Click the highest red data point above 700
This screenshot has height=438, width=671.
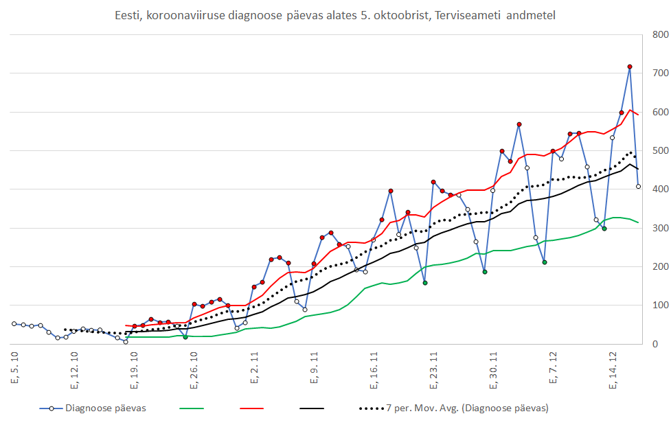tap(630, 67)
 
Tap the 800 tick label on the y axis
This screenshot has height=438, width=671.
tap(660, 34)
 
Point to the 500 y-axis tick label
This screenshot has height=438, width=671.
tap(660, 150)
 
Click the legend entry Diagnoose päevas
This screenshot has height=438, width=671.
tap(105, 408)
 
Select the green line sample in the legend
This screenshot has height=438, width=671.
tap(192, 408)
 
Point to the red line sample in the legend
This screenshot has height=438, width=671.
tap(252, 408)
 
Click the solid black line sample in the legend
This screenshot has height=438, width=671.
tap(312, 408)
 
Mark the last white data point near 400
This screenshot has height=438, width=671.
tap(638, 186)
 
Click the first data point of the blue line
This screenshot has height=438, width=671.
tap(14, 323)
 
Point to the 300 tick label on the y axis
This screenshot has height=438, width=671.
tap(660, 228)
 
